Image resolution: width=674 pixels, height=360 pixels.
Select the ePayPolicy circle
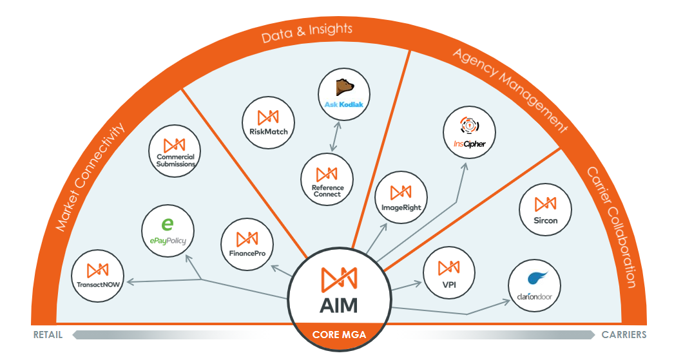(x=168, y=230)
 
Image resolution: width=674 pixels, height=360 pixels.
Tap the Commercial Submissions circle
(x=175, y=152)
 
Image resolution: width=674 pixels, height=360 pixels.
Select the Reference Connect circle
(x=327, y=180)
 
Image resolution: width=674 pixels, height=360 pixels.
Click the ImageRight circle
(x=401, y=197)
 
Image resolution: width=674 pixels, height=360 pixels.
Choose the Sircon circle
(x=545, y=209)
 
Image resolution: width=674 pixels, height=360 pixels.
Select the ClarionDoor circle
(x=534, y=287)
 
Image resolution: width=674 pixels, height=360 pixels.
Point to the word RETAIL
(x=48, y=335)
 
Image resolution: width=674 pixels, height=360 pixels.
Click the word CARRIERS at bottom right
(x=624, y=335)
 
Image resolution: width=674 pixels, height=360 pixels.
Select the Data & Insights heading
(x=307, y=33)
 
